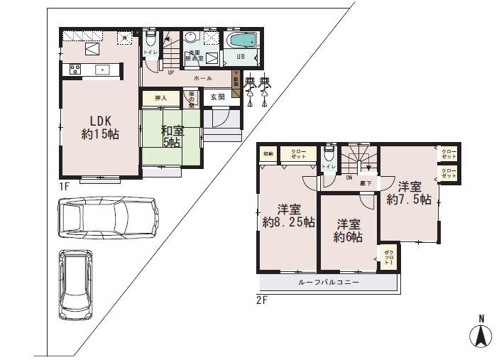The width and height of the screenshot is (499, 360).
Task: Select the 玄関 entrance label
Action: tap(217, 97)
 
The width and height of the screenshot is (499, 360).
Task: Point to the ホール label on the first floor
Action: tap(203, 77)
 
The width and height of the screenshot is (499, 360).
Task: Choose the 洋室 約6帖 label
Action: tap(349, 230)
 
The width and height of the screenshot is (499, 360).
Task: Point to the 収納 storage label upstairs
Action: tap(268, 153)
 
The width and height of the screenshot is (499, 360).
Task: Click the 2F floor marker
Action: tap(261, 300)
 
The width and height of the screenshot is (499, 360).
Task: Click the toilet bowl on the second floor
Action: tap(328, 154)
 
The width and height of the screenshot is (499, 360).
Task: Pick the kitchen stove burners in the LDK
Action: tap(74, 70)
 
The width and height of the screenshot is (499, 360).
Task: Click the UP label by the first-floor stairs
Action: tap(171, 72)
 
